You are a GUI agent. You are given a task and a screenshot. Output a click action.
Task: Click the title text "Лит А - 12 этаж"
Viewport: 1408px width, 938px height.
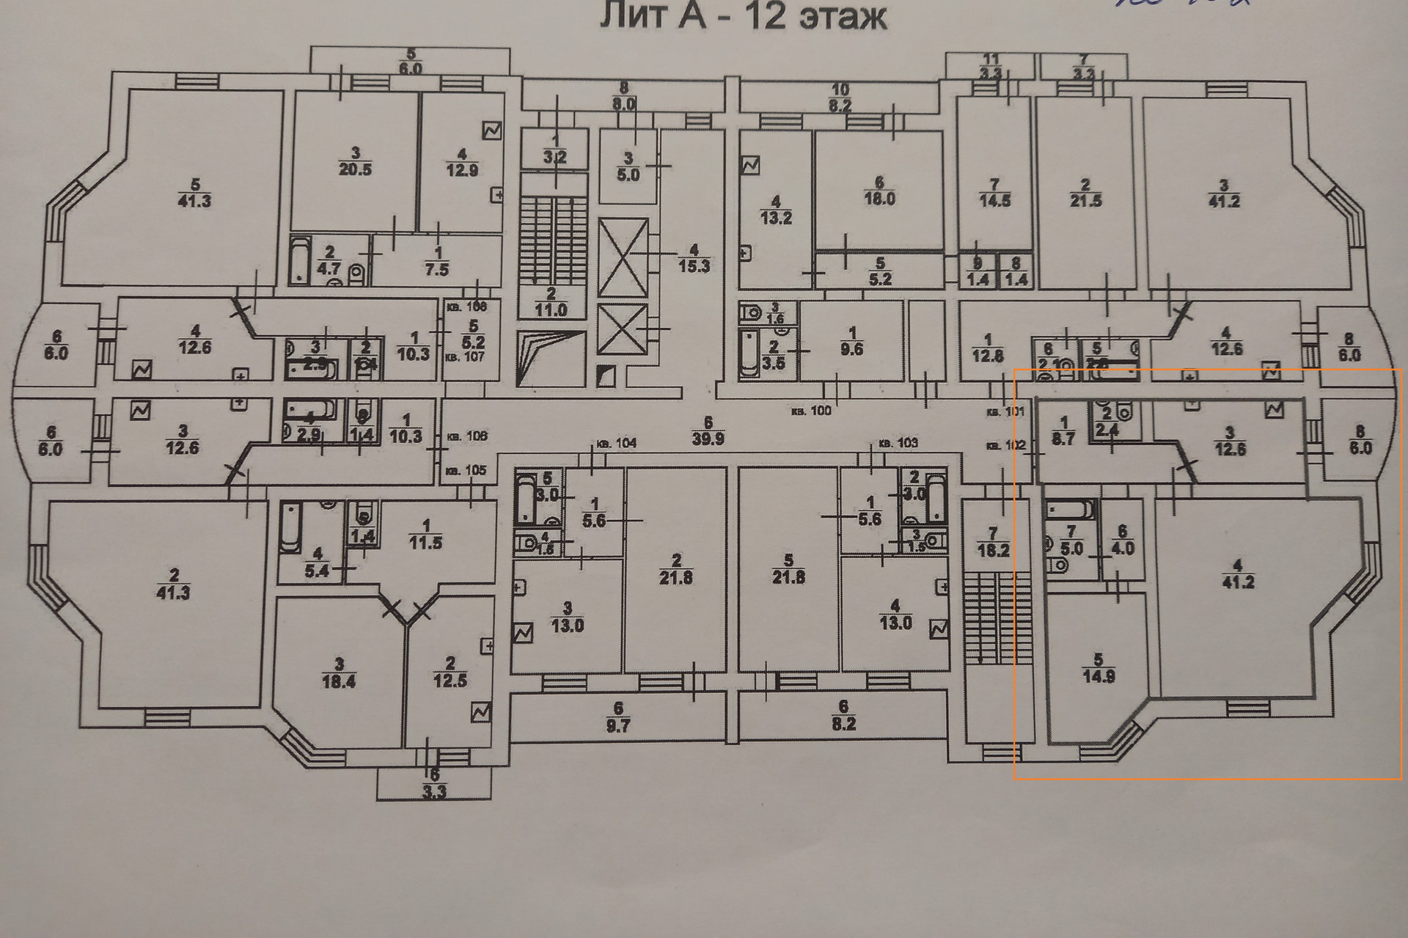pyautogui.click(x=743, y=16)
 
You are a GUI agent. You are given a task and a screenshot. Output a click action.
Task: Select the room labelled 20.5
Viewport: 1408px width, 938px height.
pyautogui.click(x=354, y=169)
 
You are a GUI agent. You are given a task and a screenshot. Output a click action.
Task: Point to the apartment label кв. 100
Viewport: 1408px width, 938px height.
pyautogui.click(x=811, y=411)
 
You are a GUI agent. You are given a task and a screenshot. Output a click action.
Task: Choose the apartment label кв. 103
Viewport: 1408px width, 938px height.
pyautogui.click(x=898, y=444)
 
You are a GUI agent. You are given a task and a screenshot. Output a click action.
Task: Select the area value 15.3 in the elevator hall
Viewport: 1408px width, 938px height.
pyautogui.click(x=694, y=266)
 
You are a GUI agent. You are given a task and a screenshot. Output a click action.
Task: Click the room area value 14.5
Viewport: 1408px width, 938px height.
pyautogui.click(x=994, y=200)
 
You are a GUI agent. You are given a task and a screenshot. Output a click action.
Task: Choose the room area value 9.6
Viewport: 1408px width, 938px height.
pyautogui.click(x=851, y=349)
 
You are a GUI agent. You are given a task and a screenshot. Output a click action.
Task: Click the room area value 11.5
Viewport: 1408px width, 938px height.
pyautogui.click(x=425, y=543)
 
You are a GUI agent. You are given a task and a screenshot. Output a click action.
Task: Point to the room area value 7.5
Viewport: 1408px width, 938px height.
pyautogui.click(x=437, y=269)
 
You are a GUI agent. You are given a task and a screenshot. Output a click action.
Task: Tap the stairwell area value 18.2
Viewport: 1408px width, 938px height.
pyautogui.click(x=993, y=549)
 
